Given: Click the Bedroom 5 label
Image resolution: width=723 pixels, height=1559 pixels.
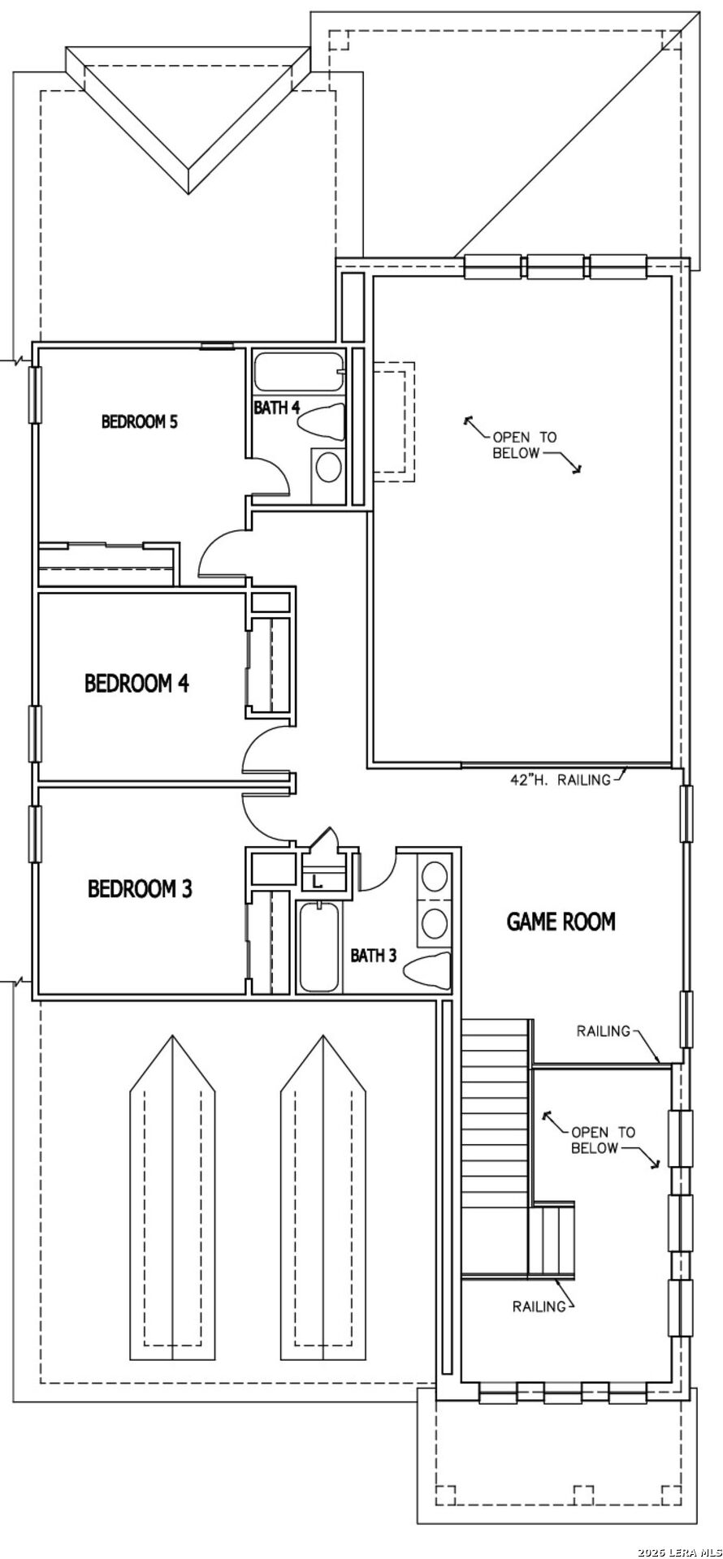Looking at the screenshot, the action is [139, 421].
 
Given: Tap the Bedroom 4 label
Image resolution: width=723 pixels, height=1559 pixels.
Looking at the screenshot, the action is [136, 683].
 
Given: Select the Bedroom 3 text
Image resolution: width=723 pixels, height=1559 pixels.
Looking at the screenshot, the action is [140, 889].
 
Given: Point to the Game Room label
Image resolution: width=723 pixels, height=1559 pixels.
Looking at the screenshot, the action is [561, 922].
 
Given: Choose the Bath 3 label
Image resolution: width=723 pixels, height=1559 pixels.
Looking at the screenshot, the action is [374, 956].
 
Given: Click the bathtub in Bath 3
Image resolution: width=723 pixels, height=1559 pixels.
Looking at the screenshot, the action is [319, 947].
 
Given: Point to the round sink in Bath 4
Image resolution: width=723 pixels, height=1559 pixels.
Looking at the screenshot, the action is [328, 468].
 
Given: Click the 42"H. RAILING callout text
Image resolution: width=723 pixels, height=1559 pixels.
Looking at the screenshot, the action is [560, 780].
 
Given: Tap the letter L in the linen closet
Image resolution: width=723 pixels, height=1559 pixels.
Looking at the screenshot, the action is [318, 880].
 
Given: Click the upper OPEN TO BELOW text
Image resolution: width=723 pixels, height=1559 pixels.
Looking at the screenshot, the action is [525, 445].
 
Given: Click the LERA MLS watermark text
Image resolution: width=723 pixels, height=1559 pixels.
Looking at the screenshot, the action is [680, 1553].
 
